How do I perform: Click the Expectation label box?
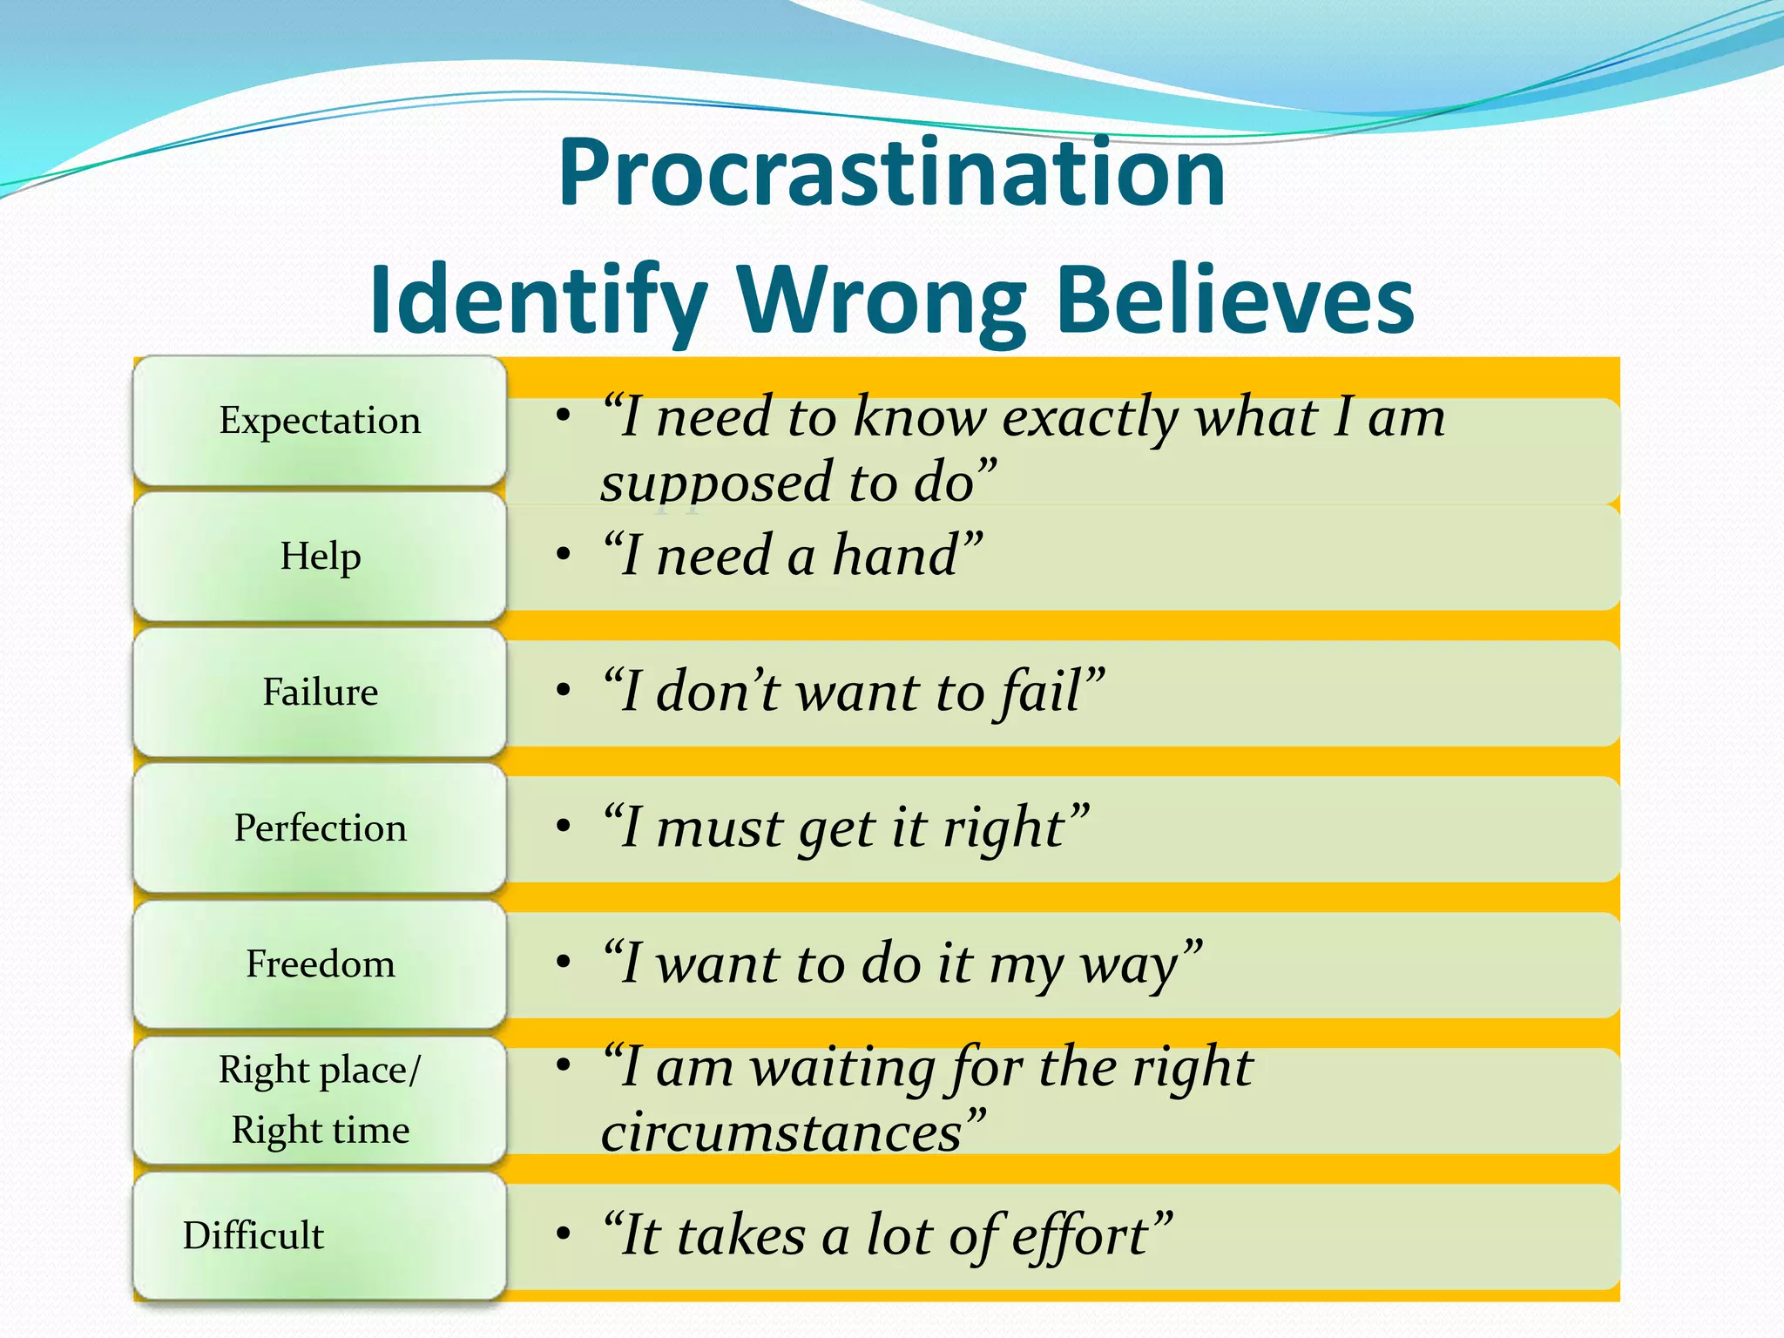tap(320, 421)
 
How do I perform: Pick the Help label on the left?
tap(320, 557)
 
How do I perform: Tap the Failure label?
tap(320, 693)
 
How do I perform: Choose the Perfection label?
tap(320, 828)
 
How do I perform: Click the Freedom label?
tap(320, 964)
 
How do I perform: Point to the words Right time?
tap(320, 1131)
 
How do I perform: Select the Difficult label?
tap(253, 1236)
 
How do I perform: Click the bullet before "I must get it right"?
tap(564, 826)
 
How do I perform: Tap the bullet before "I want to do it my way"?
tap(564, 962)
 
